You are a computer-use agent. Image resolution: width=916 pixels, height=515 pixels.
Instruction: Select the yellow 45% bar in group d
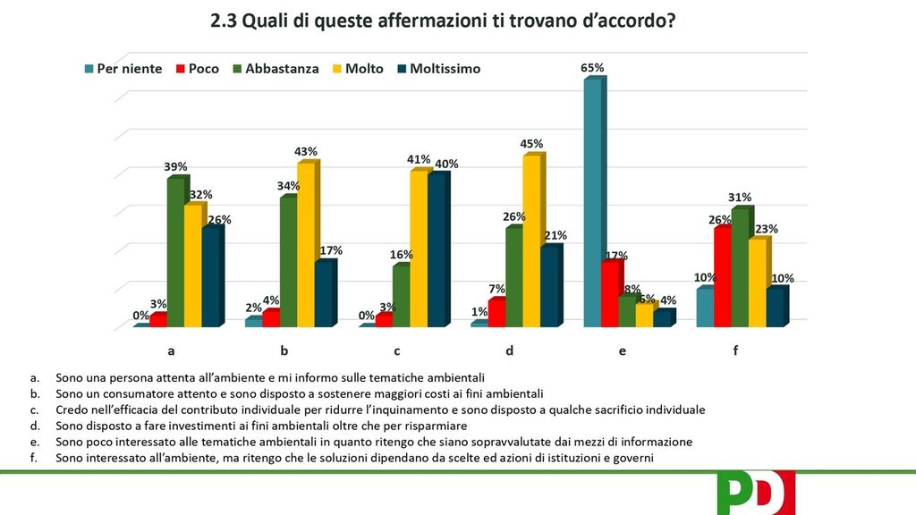coord(531,240)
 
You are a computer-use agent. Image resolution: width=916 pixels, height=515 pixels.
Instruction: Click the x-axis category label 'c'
coord(396,351)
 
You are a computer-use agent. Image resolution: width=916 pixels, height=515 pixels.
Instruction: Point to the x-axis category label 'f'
coord(735,351)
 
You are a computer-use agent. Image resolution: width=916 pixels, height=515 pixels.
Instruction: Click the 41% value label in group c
coord(419,160)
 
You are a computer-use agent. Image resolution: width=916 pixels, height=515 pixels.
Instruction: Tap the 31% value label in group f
coord(740,198)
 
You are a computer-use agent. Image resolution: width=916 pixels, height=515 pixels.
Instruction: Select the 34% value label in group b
coord(288,186)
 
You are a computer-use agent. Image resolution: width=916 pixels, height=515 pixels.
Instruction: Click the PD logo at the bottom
coord(756,493)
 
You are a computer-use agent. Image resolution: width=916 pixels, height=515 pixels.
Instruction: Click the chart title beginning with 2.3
coord(443,21)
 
